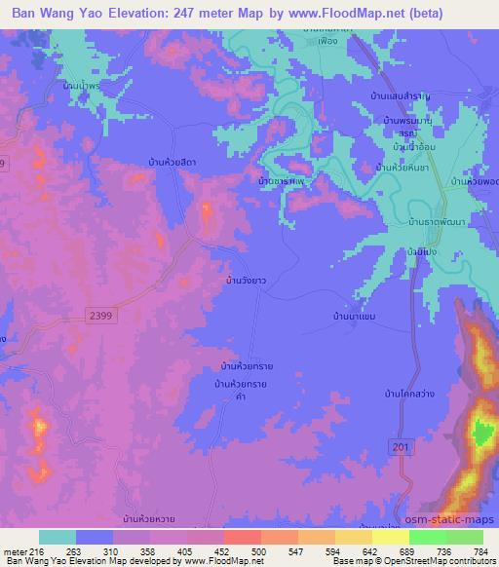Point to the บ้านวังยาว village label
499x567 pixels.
tap(246, 280)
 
